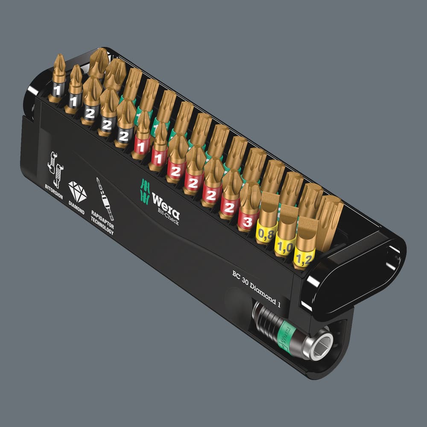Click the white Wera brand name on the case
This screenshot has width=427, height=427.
coord(166,204)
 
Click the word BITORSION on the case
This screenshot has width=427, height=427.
coord(54,191)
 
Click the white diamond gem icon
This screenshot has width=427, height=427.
coord(78,191)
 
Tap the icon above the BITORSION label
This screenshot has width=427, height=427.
coord(56,169)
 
